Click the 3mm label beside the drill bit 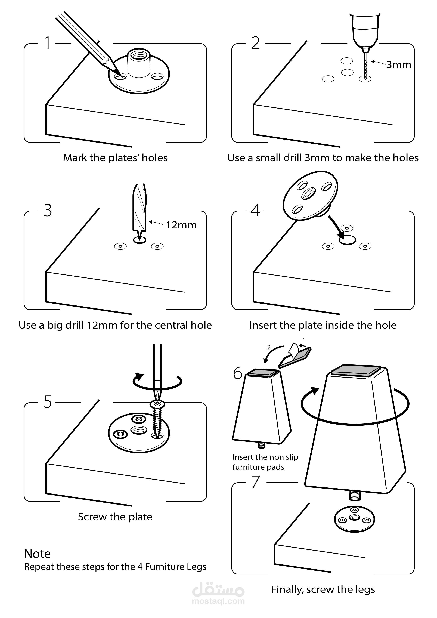[x=399, y=65]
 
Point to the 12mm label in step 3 [x=181, y=225]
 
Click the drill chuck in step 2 [x=365, y=30]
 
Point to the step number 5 [x=48, y=402]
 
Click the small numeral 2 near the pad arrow [x=269, y=347]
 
